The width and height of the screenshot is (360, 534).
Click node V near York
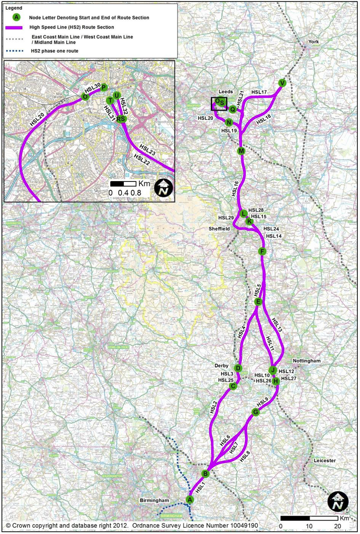(x=282, y=83)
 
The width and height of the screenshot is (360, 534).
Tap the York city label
(x=313, y=42)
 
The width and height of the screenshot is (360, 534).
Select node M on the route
(x=241, y=151)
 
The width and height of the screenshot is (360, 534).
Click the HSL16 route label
(x=235, y=189)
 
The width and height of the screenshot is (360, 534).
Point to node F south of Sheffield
(x=262, y=251)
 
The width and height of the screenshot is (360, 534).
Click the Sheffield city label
(x=219, y=229)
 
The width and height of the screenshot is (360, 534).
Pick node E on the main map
(x=258, y=302)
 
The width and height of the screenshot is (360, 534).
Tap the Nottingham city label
(x=306, y=361)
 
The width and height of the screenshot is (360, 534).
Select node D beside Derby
(x=238, y=368)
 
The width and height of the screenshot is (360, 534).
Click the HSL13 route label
(x=277, y=324)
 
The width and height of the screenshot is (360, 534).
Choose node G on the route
(x=255, y=412)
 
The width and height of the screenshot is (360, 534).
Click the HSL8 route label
(x=245, y=456)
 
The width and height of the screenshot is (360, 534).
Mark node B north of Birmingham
(x=205, y=474)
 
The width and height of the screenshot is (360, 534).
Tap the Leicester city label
(x=324, y=460)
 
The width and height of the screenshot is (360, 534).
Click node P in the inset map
(x=103, y=87)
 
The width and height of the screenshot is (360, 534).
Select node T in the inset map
(x=110, y=100)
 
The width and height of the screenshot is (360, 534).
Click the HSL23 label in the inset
(x=147, y=149)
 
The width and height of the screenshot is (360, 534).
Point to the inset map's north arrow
(x=164, y=188)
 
